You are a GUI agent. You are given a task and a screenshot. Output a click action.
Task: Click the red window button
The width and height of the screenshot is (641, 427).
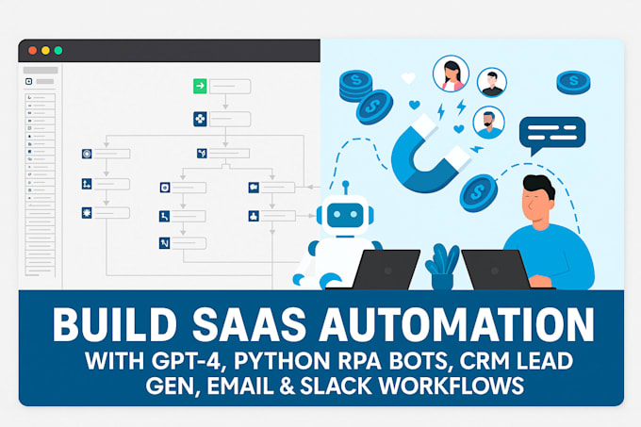click(x=31, y=50)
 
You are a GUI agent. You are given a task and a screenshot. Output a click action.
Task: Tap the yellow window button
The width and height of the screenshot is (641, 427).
click(x=44, y=50)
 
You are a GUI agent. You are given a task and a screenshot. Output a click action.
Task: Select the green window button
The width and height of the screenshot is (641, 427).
click(x=58, y=50)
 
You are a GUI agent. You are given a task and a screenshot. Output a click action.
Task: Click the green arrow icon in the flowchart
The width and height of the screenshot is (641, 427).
click(x=200, y=87)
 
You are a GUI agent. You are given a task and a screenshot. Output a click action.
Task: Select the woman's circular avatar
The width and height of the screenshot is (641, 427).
click(x=451, y=73)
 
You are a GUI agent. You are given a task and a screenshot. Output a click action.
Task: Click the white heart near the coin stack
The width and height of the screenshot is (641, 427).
click(x=408, y=79)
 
